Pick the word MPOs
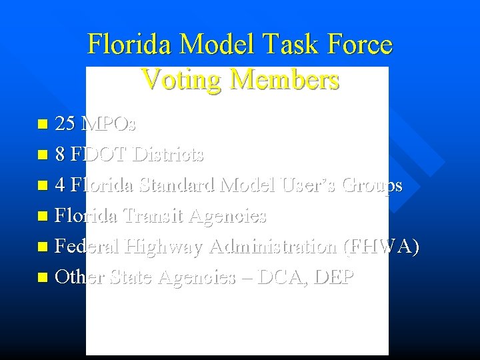click(107, 124)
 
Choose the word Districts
click(168, 155)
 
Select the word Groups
click(371, 185)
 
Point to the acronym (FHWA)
click(381, 246)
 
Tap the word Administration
click(273, 246)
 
